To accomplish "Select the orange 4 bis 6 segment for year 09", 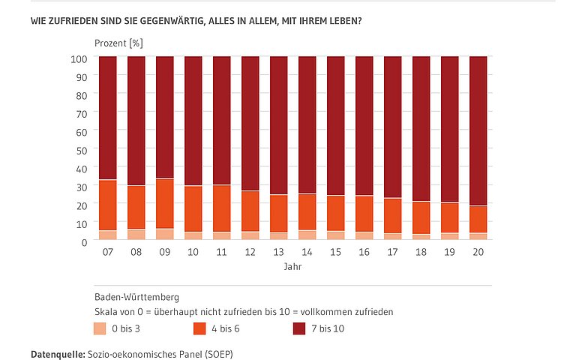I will [x=165, y=203].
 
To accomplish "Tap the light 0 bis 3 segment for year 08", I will [x=136, y=234].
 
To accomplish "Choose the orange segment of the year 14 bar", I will [x=307, y=211].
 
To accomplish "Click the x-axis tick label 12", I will [x=250, y=253].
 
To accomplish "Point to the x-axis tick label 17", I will [x=393, y=253].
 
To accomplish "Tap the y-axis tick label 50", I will [x=83, y=149].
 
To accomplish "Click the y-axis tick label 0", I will [x=85, y=241].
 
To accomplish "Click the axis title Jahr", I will [x=292, y=266].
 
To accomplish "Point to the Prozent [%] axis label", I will [x=118, y=43].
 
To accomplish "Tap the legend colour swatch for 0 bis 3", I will [x=100, y=328].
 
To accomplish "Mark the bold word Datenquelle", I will [x=58, y=352].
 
